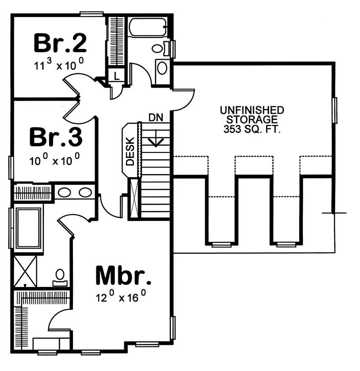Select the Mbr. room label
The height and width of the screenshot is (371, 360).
(x=123, y=276)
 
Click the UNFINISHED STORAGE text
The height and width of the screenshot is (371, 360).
(x=252, y=115)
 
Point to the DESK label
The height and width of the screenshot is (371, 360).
(x=130, y=151)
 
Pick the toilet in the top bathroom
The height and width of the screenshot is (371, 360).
(x=159, y=48)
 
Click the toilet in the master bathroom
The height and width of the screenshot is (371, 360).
(x=60, y=277)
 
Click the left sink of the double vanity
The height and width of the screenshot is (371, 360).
(x=65, y=193)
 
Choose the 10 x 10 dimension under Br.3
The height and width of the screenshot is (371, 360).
(x=56, y=160)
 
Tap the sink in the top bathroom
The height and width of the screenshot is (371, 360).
(x=162, y=68)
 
